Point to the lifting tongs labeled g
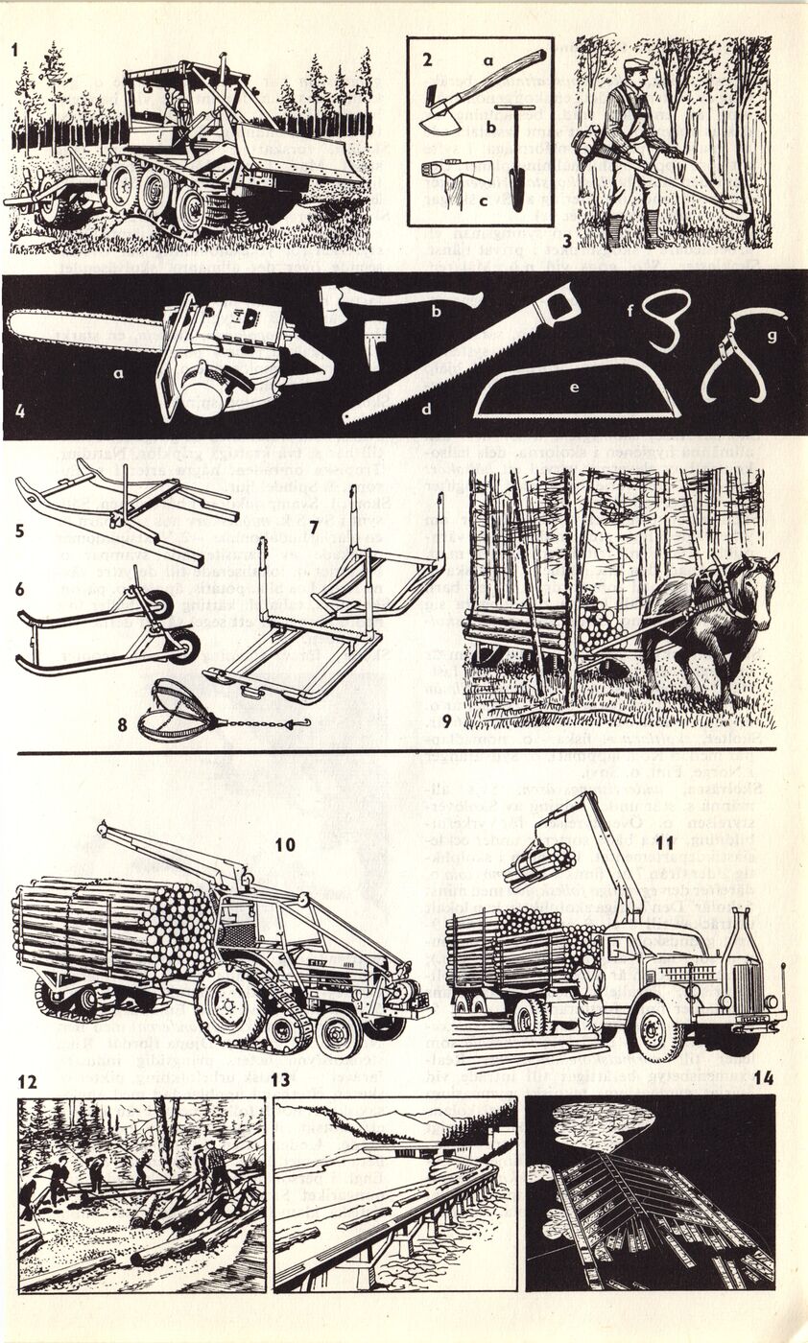(744, 351)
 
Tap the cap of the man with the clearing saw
(635, 65)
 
